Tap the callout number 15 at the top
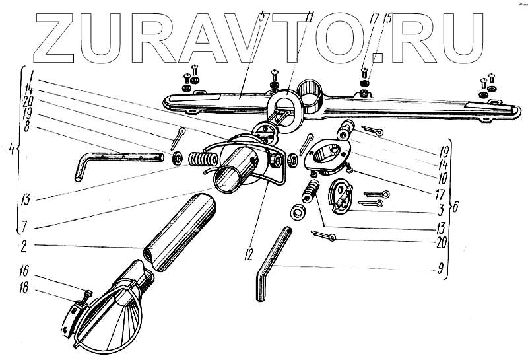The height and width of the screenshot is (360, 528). pos(387,18)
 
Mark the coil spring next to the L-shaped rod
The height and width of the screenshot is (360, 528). pos(202,161)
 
